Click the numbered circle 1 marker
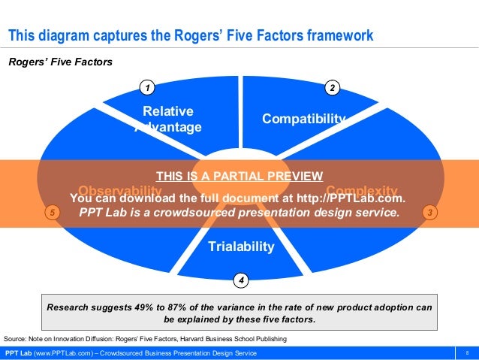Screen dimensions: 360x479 (148, 89)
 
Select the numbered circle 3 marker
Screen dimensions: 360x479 (429, 213)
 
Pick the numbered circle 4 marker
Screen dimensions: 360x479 (240, 280)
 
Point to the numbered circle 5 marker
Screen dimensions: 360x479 (51, 213)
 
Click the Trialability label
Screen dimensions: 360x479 (241, 247)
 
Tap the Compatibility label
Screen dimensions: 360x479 (303, 119)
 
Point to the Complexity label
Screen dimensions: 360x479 (361, 190)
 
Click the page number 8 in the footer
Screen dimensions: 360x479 (468, 353)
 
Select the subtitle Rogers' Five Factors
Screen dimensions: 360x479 (60, 62)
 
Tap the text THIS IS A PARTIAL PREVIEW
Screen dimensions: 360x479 (239, 177)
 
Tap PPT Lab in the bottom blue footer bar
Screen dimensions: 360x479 (19, 353)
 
